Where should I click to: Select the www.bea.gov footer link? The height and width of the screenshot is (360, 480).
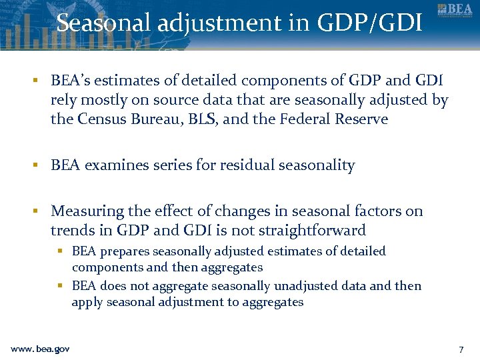point(40,349)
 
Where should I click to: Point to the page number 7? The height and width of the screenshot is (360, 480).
point(461,349)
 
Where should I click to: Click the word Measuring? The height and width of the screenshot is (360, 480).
point(87,211)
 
